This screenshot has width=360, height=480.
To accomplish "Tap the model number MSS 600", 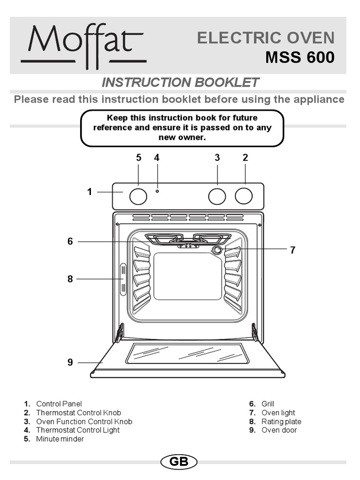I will click(x=300, y=58).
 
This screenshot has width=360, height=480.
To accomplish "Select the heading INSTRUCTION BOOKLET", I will click(x=180, y=82).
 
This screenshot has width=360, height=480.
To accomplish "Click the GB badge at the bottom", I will click(x=179, y=462).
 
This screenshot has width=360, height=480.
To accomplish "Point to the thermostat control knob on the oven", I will click(x=244, y=196).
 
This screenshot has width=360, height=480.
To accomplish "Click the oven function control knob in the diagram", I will click(x=217, y=196).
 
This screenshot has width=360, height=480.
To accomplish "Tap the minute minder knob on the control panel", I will click(x=138, y=196).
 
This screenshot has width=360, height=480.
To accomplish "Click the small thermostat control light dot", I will click(x=157, y=191).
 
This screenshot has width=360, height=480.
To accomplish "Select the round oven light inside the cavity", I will click(x=217, y=250).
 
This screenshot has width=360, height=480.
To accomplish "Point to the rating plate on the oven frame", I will click(x=123, y=279).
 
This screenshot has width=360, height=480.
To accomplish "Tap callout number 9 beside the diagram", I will click(x=70, y=362).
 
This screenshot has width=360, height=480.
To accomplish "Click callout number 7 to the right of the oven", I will click(x=292, y=250).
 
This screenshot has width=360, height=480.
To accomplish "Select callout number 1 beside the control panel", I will click(x=90, y=192).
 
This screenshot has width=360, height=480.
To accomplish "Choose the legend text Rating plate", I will click(x=281, y=421).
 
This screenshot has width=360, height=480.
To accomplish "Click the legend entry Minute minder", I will click(x=60, y=439).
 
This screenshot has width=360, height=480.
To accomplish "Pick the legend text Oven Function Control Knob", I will click(x=84, y=421).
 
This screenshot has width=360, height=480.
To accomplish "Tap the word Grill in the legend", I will click(x=268, y=404).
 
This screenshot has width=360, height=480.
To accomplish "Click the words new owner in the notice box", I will click(x=182, y=138).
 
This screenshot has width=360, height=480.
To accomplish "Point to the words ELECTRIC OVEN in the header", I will click(x=266, y=38).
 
